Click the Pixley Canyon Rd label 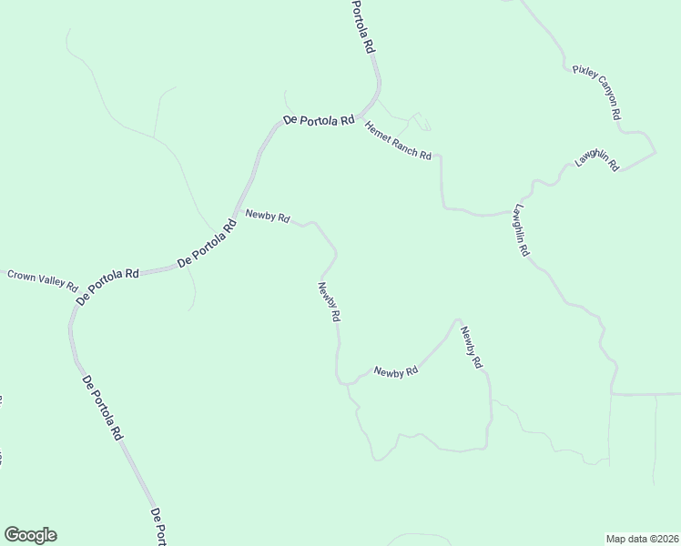[x=597, y=92]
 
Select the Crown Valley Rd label [x=43, y=277]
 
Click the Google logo [x=30, y=535]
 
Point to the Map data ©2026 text [x=642, y=538]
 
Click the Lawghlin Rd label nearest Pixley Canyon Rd [x=597, y=160]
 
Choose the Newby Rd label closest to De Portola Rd [x=268, y=217]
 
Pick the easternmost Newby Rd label [x=470, y=347]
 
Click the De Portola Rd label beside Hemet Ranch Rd [x=318, y=120]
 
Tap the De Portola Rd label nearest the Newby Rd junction [x=207, y=245]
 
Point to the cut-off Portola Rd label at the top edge [x=363, y=25]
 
